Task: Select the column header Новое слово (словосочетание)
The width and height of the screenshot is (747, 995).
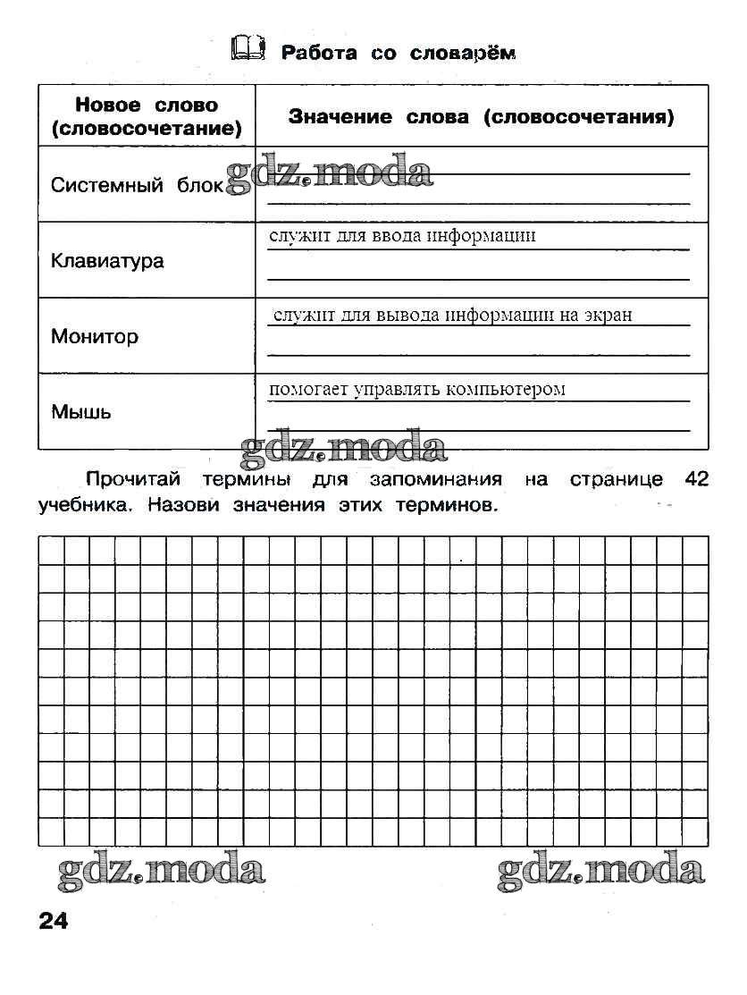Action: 147,117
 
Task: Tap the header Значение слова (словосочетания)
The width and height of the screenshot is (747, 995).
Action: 481,117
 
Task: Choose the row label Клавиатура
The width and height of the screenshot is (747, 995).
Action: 107,261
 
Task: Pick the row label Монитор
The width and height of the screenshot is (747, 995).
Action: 95,337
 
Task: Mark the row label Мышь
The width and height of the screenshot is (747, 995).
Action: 81,412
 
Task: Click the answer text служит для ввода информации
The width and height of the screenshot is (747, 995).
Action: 402,236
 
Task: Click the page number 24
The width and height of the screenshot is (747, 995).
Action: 54,922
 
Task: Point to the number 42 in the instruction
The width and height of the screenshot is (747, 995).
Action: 696,480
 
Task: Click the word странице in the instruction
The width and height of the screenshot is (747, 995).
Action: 616,480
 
